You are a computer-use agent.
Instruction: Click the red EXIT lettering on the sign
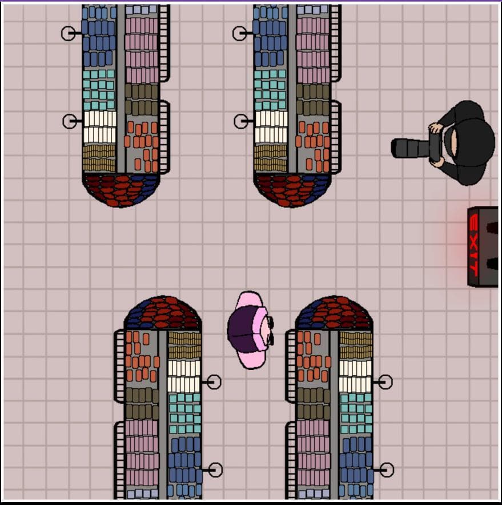tap(473, 246)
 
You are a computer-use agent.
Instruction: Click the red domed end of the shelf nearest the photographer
tap(292, 190)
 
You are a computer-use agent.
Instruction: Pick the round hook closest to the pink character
tap(214, 382)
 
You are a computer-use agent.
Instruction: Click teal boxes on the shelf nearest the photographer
tap(270, 90)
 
